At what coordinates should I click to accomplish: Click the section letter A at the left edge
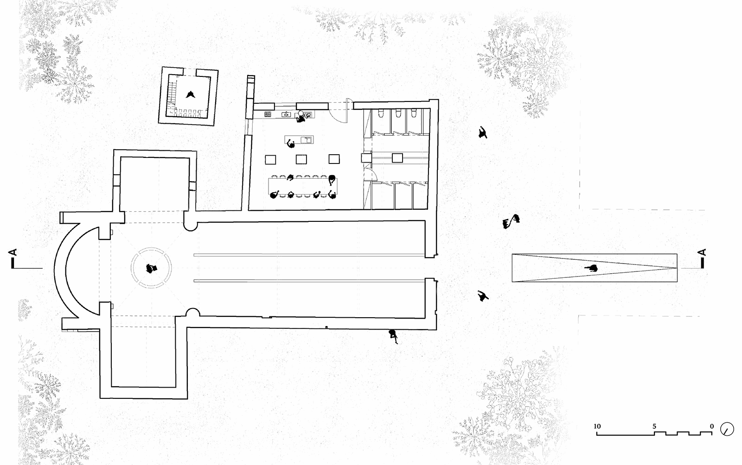tap(13, 252)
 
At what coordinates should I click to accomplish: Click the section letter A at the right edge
tap(703, 252)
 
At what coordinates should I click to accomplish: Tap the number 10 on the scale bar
tap(597, 426)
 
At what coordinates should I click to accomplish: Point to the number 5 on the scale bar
tap(654, 426)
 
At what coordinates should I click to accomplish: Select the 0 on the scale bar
tap(711, 426)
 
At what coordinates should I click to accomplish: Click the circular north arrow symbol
tap(727, 430)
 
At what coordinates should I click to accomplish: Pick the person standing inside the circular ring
tap(151, 268)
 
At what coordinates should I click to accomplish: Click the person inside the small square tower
tap(190, 94)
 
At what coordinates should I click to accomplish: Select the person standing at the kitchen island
tap(292, 145)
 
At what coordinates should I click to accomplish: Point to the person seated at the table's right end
tap(332, 179)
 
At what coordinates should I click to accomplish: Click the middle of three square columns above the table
tap(302, 159)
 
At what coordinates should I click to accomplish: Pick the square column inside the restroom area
tap(397, 158)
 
